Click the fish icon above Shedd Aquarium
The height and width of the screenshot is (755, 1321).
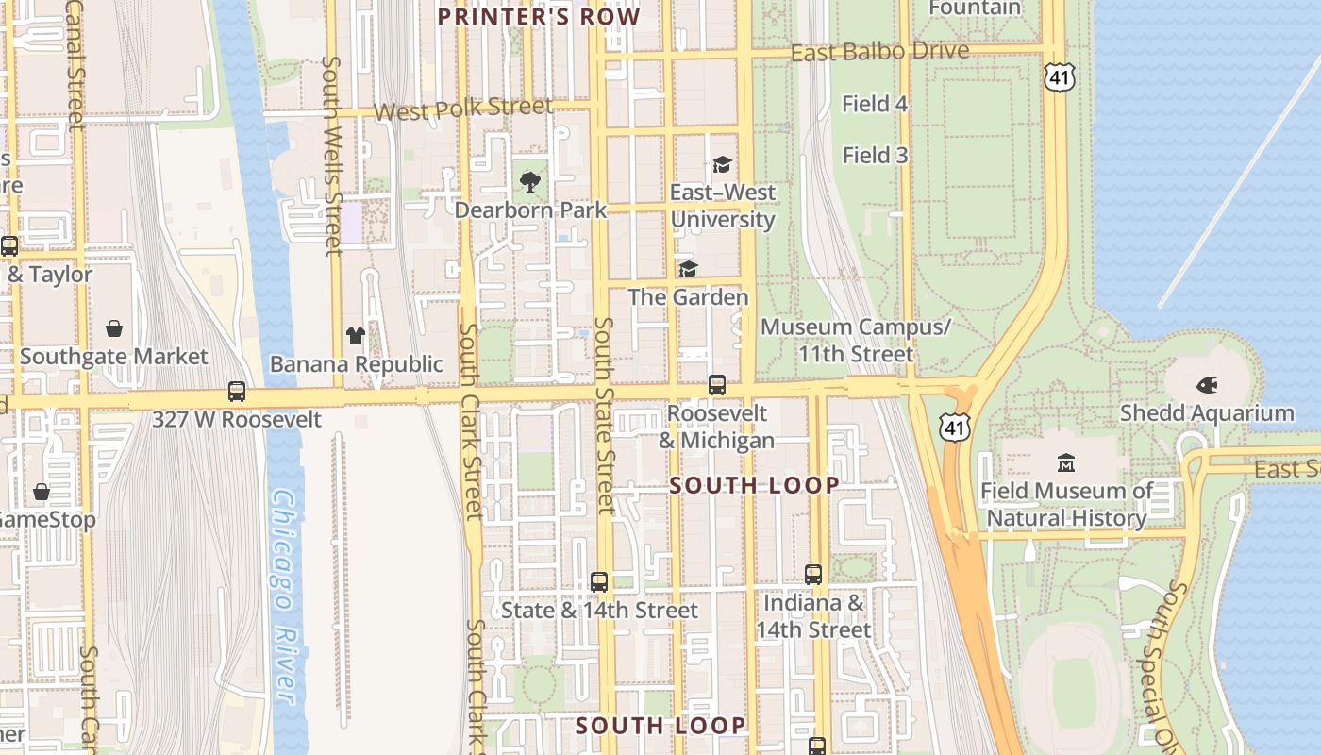click(x=1207, y=385)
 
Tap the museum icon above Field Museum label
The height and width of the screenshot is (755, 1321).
click(x=1066, y=463)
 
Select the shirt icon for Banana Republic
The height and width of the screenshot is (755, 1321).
click(x=356, y=335)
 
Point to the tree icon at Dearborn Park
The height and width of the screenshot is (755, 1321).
click(x=530, y=181)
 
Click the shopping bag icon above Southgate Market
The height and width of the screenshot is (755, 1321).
click(x=114, y=328)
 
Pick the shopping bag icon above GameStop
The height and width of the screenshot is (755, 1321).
click(x=42, y=492)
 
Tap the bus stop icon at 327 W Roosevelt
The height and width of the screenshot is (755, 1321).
click(x=237, y=391)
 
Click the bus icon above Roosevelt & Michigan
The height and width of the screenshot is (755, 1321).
click(x=717, y=385)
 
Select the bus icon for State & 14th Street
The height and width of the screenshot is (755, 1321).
click(x=599, y=582)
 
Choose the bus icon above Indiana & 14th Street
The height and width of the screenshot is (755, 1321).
click(x=813, y=574)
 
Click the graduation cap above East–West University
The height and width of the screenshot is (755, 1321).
click(x=722, y=164)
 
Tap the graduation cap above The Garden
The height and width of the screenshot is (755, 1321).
click(x=688, y=270)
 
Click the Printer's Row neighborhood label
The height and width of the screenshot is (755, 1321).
click(x=539, y=16)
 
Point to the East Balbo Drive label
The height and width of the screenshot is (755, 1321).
click(x=879, y=52)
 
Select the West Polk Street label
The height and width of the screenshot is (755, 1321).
click(x=462, y=109)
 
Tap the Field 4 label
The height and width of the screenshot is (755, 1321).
click(x=875, y=104)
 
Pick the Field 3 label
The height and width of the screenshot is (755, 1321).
click(x=875, y=155)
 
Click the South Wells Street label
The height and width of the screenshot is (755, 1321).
click(x=332, y=156)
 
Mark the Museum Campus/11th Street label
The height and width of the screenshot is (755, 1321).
click(x=856, y=341)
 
